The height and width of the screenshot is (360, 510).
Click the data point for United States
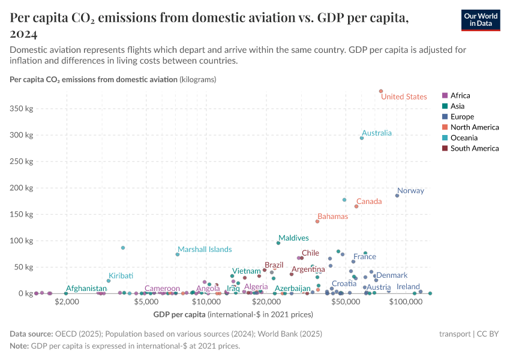[x=381, y=91]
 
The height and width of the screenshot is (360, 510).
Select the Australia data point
[x=362, y=138]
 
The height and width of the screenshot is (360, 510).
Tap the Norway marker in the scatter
[x=397, y=196]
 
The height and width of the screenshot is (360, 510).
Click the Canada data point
[x=356, y=206]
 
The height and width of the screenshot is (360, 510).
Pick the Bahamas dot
[x=317, y=221]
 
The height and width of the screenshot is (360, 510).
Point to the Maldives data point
[x=278, y=243]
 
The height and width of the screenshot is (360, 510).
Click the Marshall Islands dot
[x=178, y=254]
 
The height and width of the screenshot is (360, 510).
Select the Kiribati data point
[x=109, y=281]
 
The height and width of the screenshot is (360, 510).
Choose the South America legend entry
[x=474, y=148]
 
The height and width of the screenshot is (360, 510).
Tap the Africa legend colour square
[x=445, y=95]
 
